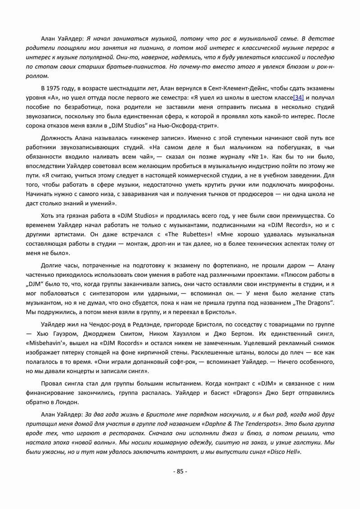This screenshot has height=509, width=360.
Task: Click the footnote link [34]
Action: coord(299,98)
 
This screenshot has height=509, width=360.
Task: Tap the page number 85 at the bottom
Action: coord(180,471)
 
